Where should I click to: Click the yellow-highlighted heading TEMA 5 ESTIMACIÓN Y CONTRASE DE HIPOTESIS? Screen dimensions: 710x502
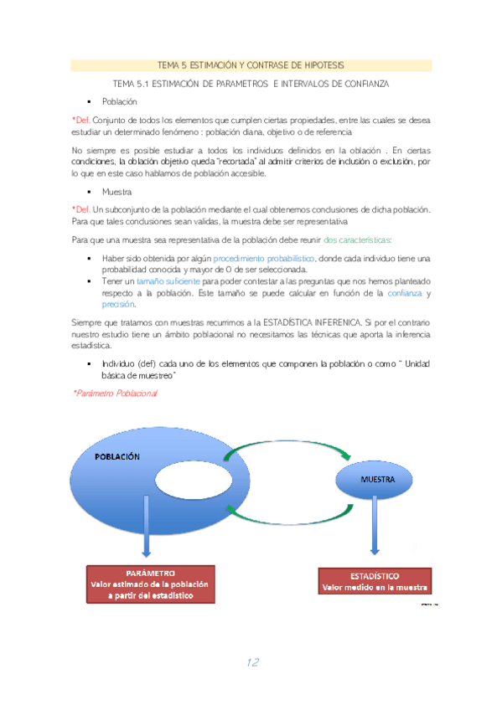tap(251, 65)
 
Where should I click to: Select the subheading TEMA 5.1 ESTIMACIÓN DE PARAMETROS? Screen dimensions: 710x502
tap(251, 85)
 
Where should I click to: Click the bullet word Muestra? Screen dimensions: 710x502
tap(116, 192)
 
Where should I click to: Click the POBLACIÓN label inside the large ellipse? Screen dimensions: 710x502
tap(116, 457)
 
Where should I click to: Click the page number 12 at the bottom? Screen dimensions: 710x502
tap(251, 662)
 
